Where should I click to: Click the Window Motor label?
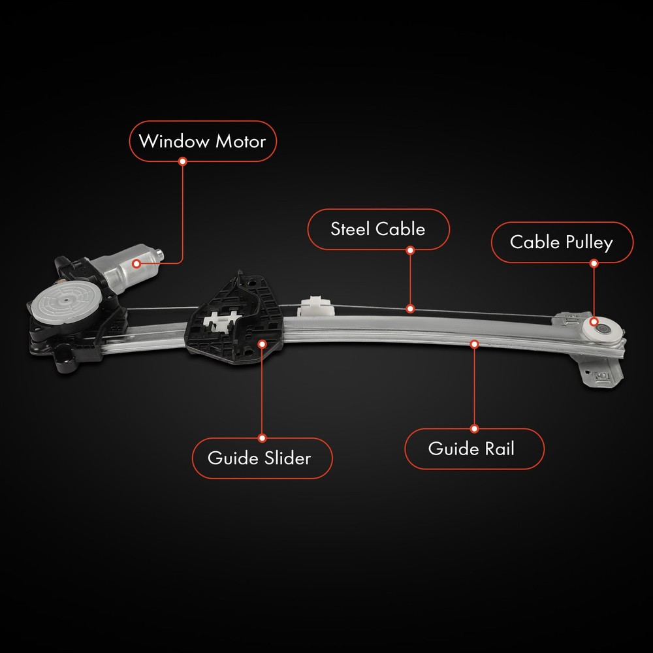pos(203,141)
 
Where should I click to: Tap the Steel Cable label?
pos(379,229)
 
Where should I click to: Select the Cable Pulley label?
pos(562,242)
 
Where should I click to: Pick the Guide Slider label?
pos(262,458)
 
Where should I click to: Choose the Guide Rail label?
pos(474,449)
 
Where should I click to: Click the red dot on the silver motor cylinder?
pos(136,264)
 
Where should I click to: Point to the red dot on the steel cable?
pos(410,309)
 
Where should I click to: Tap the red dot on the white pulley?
pos(594,321)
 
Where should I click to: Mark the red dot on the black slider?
pos(263,344)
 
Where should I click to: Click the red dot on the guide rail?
pos(474,344)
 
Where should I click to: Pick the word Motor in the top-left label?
pos(241,142)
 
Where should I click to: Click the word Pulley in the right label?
pos(589,243)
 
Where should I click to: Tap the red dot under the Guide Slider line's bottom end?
pos(263,438)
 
